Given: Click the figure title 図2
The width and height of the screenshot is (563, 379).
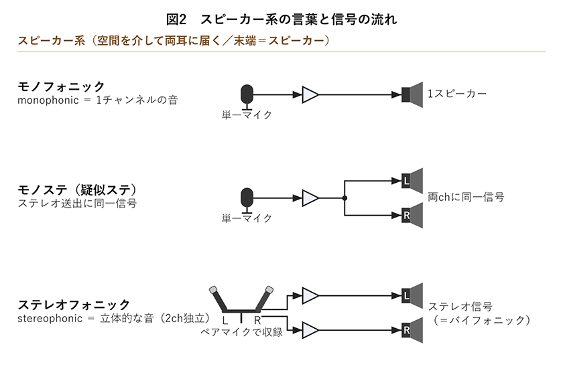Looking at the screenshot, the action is (x=176, y=19).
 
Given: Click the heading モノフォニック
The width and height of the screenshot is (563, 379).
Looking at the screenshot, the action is (x=61, y=86).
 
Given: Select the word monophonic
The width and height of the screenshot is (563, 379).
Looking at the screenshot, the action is (x=48, y=100).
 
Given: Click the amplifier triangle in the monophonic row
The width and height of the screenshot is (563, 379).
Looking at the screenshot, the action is (x=310, y=94).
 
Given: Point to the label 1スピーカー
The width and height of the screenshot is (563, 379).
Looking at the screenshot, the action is (x=456, y=94).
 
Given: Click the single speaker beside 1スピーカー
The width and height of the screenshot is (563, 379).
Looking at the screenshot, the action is (x=412, y=94).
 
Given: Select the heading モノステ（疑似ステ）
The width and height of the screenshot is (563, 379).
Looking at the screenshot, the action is (x=78, y=189).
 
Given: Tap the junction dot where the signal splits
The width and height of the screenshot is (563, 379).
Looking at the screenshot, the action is (x=345, y=198).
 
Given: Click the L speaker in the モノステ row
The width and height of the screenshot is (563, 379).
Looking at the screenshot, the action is (x=412, y=181).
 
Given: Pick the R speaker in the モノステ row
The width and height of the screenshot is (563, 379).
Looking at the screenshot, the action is (x=412, y=216).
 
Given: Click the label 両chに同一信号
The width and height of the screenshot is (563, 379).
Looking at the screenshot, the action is (x=466, y=197).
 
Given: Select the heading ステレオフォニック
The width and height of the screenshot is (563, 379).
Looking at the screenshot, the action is (x=74, y=305).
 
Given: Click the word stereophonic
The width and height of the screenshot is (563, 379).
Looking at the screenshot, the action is (x=50, y=319).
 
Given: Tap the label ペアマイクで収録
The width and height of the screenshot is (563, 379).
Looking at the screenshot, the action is (x=242, y=332).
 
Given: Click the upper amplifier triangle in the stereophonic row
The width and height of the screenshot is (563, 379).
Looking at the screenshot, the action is (x=310, y=296).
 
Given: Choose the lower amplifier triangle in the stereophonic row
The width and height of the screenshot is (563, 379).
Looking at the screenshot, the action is (x=310, y=330).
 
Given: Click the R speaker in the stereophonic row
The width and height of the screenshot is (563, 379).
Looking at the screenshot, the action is (x=412, y=330).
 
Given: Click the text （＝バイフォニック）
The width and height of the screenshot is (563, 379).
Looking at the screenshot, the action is (x=481, y=320).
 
